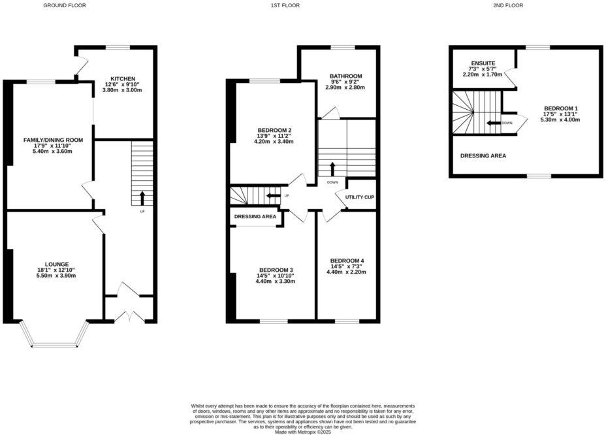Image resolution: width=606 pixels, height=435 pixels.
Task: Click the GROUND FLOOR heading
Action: pos(64,5)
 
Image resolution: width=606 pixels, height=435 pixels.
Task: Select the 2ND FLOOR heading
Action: pos(508,5)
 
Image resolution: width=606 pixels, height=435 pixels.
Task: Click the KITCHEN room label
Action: pos(123,78)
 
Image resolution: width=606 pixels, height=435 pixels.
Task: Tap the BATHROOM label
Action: pos(345,76)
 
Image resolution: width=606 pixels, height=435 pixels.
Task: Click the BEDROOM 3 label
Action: pos(276,270)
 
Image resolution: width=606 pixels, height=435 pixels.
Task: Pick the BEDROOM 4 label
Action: pos(347,261)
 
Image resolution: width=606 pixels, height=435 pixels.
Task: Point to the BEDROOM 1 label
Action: pos(561,108)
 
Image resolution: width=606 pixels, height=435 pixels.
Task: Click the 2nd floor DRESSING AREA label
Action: pos(483,155)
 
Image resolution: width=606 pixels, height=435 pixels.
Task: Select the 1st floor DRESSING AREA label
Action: pos(255,216)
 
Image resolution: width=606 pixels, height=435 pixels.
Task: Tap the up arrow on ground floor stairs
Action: pos(142,197)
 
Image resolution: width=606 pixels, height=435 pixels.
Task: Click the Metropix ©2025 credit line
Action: pos(303,432)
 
